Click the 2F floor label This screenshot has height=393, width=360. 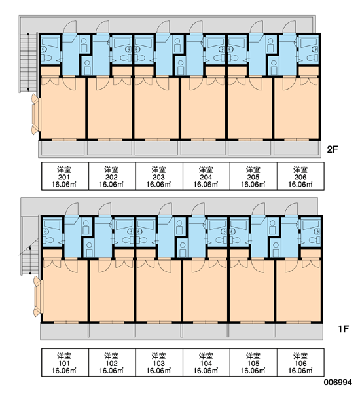point(333,149)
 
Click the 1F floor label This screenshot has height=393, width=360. point(344,329)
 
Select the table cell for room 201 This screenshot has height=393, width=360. point(65,176)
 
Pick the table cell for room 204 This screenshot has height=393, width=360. point(206,176)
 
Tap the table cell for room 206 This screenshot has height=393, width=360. point(300,176)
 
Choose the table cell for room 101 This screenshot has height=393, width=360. point(65,362)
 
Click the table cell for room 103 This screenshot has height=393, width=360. point(159,362)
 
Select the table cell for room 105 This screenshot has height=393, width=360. point(253,362)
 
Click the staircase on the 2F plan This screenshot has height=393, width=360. point(28,63)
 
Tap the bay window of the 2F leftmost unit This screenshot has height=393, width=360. point(36,114)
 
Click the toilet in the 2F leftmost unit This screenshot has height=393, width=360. point(46,58)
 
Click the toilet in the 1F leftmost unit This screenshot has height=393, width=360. point(48,240)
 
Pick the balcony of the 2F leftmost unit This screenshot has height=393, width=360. point(63,149)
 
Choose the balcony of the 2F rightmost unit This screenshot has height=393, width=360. point(297,149)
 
